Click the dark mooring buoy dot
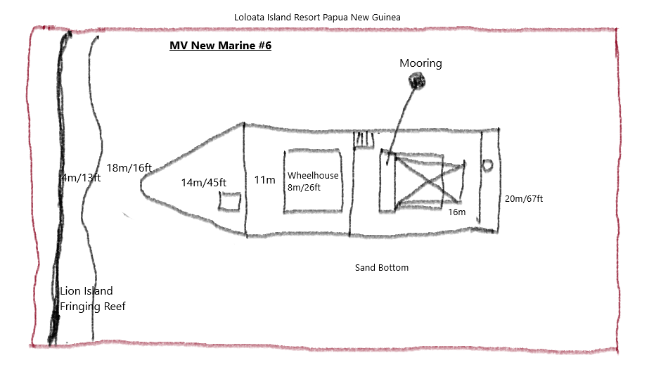pos(416,81)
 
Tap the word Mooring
pos(421,63)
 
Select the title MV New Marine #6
pos(221,46)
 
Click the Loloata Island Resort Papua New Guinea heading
pos(317,18)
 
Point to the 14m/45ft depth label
pos(204,183)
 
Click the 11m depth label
pos(264,180)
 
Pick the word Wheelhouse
pos(313,175)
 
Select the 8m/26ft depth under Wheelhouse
pos(304,188)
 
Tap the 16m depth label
pos(457,212)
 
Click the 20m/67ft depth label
pos(524,198)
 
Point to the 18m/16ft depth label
pos(129,168)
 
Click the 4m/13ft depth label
pos(81,178)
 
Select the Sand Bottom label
pos(382,268)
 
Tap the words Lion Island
pos(86,291)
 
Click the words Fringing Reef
pos(93,307)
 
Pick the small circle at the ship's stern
pos(488,165)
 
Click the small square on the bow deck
pos(230,201)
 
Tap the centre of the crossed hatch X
pos(429,181)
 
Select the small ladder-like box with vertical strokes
pos(364,139)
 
